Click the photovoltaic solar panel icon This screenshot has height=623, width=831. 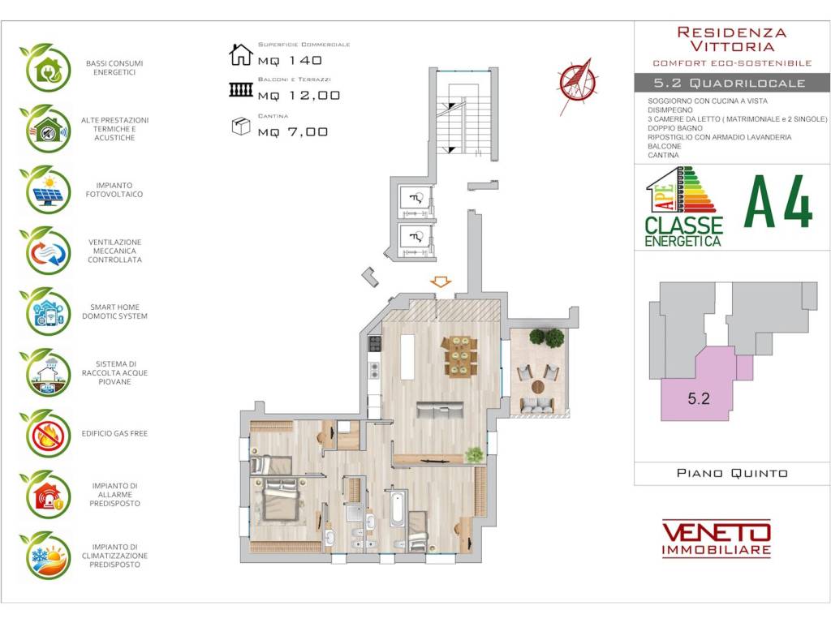45,190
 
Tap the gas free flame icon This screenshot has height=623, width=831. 45,434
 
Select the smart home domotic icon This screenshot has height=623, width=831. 45,311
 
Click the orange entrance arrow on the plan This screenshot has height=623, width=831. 441,281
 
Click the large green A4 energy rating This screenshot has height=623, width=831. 778,202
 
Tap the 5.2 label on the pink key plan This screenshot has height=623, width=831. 699,398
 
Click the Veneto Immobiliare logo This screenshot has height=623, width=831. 717,539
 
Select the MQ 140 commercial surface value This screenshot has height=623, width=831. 290,60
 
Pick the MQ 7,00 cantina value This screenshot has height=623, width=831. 293,132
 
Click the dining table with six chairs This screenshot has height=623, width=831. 459,356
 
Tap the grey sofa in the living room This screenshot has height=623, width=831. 440,410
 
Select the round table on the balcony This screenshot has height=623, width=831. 539,387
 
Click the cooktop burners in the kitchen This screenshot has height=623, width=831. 375,344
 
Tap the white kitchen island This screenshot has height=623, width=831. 407,357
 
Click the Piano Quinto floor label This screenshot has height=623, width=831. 732,473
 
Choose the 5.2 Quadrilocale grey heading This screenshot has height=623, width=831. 732,84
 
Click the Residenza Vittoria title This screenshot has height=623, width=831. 732,39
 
